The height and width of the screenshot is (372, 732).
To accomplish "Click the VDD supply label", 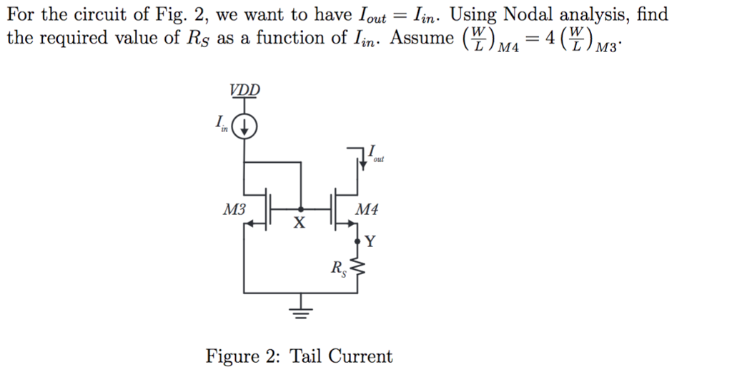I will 245,91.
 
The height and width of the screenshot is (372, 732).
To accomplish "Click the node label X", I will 300,224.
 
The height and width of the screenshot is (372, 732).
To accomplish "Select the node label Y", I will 369,241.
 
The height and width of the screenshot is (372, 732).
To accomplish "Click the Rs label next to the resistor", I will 338,269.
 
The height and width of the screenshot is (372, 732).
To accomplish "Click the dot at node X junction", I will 300,210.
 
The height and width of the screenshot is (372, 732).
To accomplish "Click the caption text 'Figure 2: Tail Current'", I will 299,356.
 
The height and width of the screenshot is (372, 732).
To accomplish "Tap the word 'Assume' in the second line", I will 422,38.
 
